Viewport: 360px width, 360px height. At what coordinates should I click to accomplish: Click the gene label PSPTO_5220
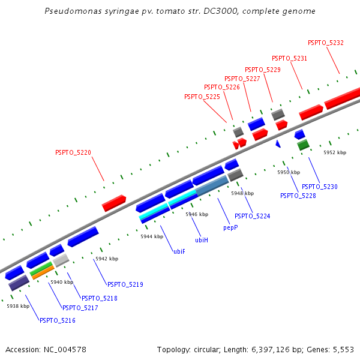[x=73, y=152]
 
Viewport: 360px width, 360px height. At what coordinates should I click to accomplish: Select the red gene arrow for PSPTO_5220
[x=113, y=203]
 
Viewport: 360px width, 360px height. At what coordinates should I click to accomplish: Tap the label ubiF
[x=179, y=251]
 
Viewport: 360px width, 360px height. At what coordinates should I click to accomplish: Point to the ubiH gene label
[x=202, y=239]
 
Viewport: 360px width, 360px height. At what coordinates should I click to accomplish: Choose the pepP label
[x=230, y=228]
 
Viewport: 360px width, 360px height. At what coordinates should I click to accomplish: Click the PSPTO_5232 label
[x=326, y=43]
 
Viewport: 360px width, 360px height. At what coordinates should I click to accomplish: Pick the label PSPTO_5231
[x=289, y=58]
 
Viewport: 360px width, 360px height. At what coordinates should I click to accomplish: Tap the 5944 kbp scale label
[x=152, y=236]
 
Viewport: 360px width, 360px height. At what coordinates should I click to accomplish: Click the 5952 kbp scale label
[x=335, y=152]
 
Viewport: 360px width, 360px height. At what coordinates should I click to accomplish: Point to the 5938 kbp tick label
[x=18, y=306]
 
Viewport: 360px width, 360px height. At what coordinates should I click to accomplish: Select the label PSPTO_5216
[x=58, y=320]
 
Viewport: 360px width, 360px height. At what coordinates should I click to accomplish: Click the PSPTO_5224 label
[x=252, y=216]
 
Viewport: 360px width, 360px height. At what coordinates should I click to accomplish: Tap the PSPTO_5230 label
[x=319, y=187]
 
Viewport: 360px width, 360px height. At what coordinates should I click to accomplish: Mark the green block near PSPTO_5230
[x=303, y=145]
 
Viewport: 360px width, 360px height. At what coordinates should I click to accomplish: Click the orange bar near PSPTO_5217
[x=43, y=273]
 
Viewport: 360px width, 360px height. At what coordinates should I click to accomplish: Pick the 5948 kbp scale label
[x=242, y=193]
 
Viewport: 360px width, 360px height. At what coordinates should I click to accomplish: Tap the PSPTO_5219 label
[x=125, y=284]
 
